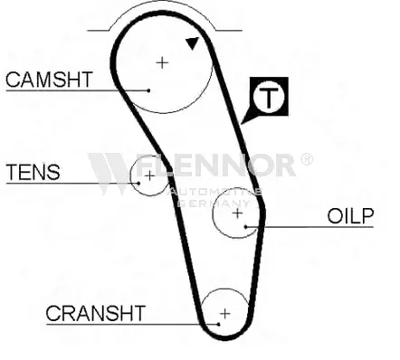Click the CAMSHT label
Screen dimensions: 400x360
[49, 80]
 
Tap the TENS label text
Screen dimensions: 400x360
[33, 172]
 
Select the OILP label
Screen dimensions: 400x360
[350, 216]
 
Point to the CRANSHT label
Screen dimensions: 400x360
[96, 313]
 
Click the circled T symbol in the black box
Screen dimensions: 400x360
[269, 96]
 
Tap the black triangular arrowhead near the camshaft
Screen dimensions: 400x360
[192, 43]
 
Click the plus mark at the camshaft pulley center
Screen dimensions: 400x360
[162, 62]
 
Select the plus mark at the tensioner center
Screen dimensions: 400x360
[149, 175]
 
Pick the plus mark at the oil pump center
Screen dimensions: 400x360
[238, 213]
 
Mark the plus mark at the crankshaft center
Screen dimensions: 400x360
[225, 314]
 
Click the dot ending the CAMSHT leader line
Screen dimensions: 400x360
[148, 90]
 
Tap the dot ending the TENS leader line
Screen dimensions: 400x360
[138, 183]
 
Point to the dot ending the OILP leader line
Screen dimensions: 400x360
[246, 227]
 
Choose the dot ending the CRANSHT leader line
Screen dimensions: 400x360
[219, 325]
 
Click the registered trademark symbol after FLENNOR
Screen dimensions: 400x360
[307, 159]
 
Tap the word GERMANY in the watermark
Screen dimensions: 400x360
[214, 204]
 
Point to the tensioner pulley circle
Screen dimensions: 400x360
[131, 176]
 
